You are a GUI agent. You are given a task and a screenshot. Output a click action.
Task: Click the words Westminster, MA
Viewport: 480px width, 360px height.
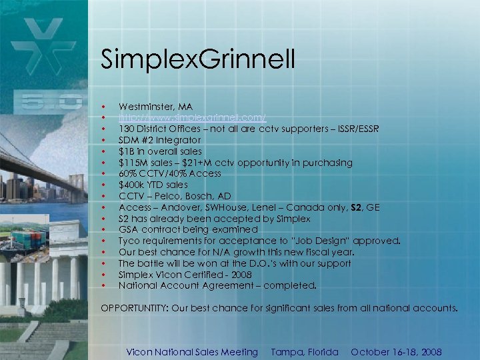click(x=155, y=107)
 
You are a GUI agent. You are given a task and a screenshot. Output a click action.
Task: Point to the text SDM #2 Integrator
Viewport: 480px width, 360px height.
click(x=159, y=140)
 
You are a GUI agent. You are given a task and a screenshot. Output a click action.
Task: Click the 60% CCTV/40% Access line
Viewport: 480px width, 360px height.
click(x=170, y=173)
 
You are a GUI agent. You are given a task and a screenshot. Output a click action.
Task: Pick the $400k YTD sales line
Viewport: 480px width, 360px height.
click(x=153, y=185)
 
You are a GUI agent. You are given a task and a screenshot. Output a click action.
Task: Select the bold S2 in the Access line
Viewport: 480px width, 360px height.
click(x=357, y=207)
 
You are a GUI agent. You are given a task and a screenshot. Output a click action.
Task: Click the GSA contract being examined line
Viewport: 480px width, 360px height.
click(x=179, y=229)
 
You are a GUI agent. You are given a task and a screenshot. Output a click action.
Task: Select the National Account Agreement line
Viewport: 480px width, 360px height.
click(x=217, y=285)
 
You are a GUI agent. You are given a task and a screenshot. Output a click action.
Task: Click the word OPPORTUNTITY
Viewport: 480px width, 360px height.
click(x=134, y=309)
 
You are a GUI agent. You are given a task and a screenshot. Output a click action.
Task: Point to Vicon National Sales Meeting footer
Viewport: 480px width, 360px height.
click(x=192, y=352)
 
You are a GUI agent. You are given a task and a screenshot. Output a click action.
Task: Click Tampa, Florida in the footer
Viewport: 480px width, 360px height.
click(x=305, y=352)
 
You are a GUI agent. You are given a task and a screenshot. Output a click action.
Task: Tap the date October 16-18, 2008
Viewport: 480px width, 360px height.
click(x=396, y=352)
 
